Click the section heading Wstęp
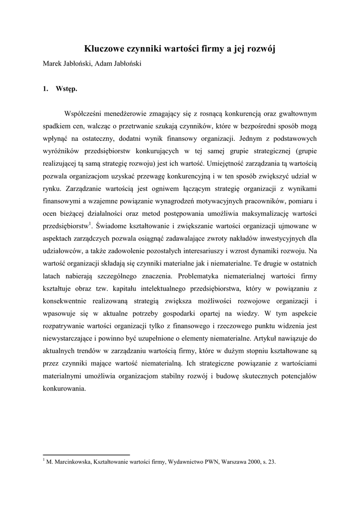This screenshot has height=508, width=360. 67,89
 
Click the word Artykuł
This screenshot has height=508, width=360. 269,337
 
